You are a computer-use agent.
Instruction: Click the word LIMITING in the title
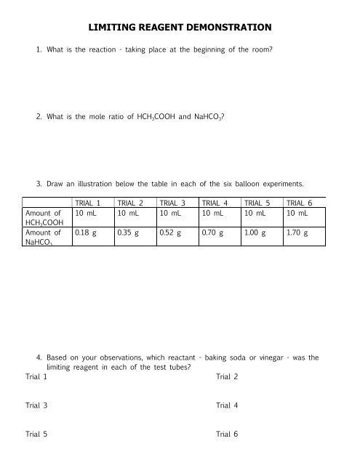pos(111,27)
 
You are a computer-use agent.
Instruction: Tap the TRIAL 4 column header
pos(217,204)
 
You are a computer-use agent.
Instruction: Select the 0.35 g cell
pos(129,234)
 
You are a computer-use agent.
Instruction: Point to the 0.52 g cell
pos(172,234)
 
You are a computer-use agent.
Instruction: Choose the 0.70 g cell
pos(214,234)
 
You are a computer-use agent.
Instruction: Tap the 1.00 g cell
pos(256,234)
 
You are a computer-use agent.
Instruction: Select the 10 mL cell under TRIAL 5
pos(255,214)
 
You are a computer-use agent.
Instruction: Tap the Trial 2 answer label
pos(227,377)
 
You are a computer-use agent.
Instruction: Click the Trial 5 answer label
pos(36,434)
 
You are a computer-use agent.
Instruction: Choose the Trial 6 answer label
pos(227,434)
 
